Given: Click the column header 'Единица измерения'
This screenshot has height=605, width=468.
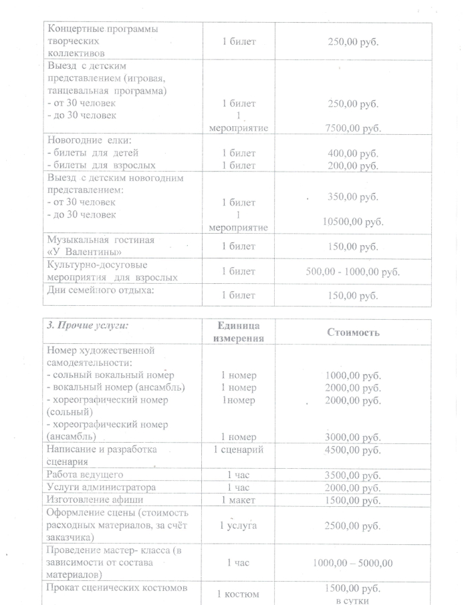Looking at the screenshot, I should click(x=238, y=331).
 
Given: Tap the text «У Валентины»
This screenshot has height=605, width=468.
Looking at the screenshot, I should click(x=84, y=252).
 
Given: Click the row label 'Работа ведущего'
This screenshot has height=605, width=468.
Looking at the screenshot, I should click(x=85, y=475).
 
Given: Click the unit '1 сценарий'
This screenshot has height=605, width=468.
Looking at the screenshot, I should click(x=238, y=449).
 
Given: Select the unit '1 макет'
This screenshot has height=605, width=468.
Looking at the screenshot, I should click(x=238, y=500).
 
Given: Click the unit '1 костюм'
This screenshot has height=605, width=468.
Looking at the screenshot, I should click(x=238, y=594).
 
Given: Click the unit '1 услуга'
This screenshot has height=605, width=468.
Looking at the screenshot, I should click(x=238, y=526).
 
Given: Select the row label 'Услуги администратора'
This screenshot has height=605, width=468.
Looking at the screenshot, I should click(x=100, y=487).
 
